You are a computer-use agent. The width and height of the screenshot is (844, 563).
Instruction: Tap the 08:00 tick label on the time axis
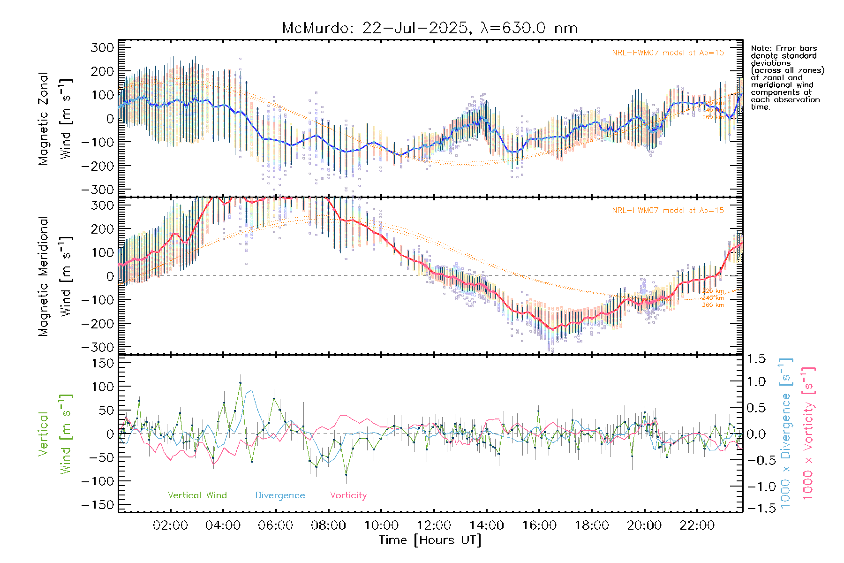[328, 525]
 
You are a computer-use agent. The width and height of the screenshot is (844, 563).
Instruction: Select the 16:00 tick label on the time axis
[539, 525]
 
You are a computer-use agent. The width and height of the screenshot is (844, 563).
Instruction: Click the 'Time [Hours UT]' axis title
[430, 540]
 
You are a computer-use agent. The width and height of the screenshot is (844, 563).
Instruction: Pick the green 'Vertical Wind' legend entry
[197, 495]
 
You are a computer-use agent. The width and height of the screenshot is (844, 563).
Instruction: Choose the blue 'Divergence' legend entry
[280, 495]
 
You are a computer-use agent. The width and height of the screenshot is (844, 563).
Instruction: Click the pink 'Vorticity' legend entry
[348, 495]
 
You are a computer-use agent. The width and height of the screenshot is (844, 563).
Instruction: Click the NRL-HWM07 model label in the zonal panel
[668, 53]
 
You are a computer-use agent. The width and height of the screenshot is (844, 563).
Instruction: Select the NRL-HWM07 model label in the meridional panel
[668, 211]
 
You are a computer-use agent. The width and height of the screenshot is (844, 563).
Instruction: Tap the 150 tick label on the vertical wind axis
[103, 363]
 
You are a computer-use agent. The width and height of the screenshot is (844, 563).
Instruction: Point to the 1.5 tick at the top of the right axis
[756, 359]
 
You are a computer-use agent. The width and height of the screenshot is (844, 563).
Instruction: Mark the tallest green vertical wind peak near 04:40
[241, 383]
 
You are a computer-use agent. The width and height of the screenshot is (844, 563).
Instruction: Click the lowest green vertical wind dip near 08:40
[346, 475]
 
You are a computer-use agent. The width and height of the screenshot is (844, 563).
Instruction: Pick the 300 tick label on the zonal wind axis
[103, 47]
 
